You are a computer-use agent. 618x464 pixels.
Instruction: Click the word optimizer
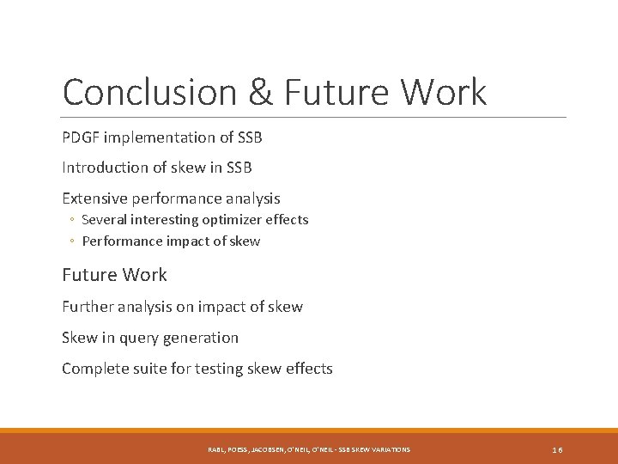tap(238, 220)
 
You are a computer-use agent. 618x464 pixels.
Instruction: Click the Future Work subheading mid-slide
tap(114, 275)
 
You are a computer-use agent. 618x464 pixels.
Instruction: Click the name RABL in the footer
tap(215, 449)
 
